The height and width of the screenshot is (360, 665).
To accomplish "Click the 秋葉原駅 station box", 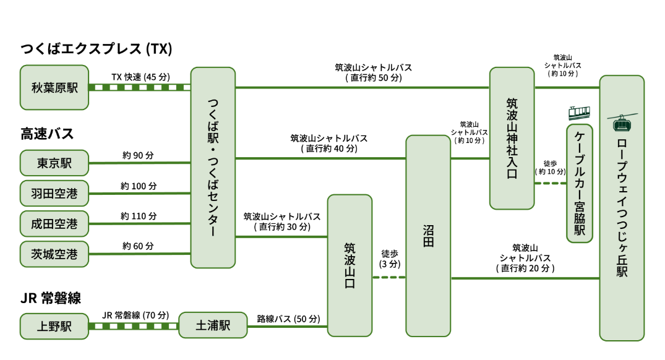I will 54,88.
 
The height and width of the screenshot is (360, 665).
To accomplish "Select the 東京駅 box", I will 54,163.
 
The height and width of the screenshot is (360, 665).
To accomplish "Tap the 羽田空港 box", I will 54,194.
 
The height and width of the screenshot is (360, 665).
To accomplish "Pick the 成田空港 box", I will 54,223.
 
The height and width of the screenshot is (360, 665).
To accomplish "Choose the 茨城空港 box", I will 54,254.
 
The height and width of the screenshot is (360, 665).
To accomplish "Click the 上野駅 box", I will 54,326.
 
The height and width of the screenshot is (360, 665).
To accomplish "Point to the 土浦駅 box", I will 212,325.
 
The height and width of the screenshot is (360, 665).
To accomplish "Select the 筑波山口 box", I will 350,266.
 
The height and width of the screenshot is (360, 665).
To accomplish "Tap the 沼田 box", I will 427,236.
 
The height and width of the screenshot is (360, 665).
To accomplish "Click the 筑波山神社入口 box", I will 512,139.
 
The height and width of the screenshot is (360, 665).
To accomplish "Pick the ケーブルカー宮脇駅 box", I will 580,183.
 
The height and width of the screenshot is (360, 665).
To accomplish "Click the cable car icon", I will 579,112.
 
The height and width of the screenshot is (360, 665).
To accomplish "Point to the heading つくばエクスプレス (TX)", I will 97,49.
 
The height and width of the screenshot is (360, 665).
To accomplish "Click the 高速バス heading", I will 47,134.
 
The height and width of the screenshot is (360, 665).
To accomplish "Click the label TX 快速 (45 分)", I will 140,77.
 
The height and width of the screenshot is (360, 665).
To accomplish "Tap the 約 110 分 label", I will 139,216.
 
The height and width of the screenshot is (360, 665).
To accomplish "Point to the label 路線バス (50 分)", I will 288,319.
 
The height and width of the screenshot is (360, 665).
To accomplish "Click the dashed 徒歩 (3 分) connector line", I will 389,277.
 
